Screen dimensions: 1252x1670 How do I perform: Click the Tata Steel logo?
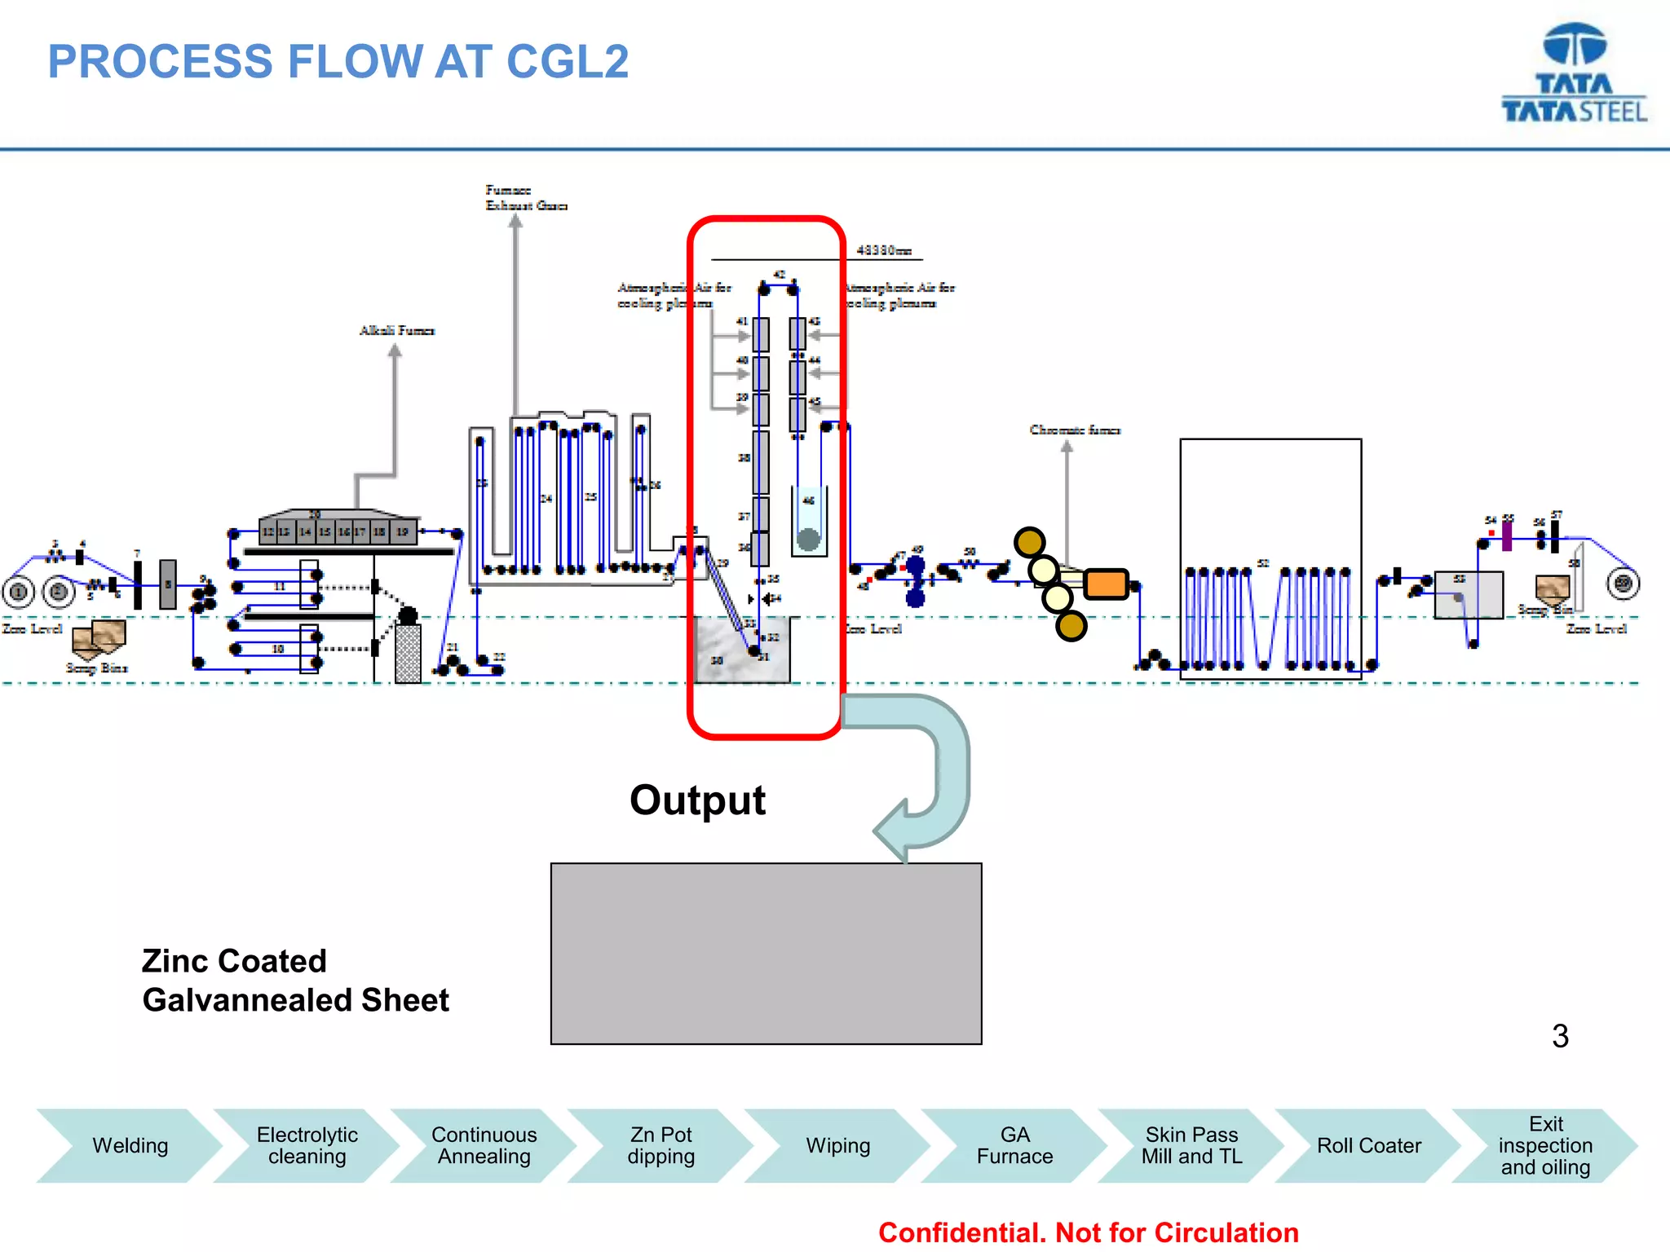[x=1574, y=73]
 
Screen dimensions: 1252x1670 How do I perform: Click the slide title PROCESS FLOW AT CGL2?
[x=338, y=62]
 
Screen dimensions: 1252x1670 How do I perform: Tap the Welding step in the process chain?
[x=130, y=1145]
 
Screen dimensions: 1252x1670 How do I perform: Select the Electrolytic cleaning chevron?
[x=307, y=1145]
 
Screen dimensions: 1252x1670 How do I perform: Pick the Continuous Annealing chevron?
[x=484, y=1145]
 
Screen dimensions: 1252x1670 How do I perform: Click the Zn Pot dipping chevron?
[x=660, y=1145]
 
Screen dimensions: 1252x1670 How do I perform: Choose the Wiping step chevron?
[x=837, y=1145]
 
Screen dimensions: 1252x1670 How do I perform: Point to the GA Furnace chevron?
[x=1014, y=1145]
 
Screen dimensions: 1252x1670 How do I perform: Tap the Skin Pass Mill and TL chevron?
[x=1191, y=1145]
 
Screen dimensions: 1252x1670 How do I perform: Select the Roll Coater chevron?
[x=1368, y=1145]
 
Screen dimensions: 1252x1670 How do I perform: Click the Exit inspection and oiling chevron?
[x=1545, y=1145]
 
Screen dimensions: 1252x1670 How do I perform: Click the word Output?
[x=697, y=800]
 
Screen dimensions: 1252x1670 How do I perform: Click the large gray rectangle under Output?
[x=766, y=954]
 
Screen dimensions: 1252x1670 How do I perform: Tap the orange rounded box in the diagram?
[x=1106, y=584]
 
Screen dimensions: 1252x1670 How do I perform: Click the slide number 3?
[x=1560, y=1036]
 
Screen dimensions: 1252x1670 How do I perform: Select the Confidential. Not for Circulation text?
[x=1088, y=1232]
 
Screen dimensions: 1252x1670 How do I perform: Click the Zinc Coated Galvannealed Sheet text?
[x=295, y=981]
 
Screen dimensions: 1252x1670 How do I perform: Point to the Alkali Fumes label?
[x=397, y=330]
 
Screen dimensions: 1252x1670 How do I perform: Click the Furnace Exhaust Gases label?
[x=525, y=198]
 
